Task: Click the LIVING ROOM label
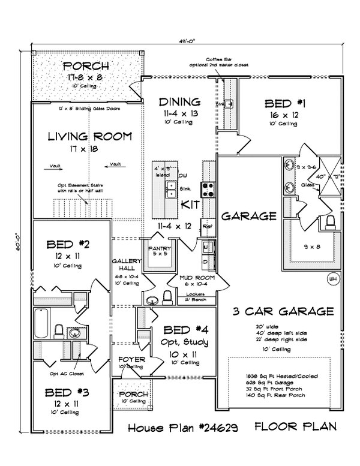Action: pyautogui.click(x=89, y=136)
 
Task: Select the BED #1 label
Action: pyautogui.click(x=285, y=103)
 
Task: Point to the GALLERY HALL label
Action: pyautogui.click(x=126, y=265)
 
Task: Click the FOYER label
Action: pyautogui.click(x=130, y=360)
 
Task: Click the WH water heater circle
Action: pyautogui.click(x=332, y=279)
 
